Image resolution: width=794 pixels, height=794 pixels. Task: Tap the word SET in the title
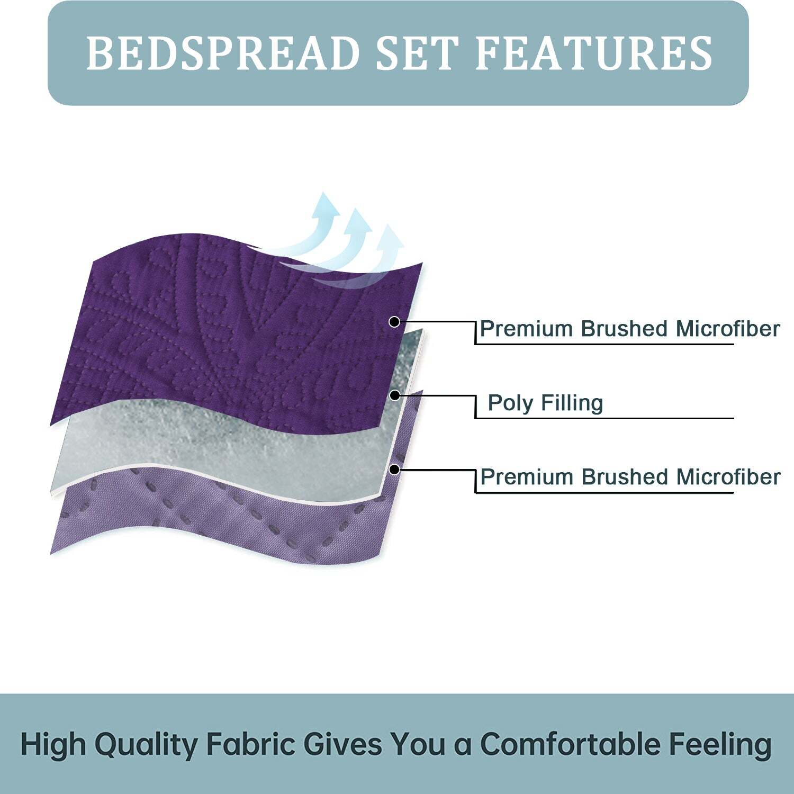[x=416, y=53]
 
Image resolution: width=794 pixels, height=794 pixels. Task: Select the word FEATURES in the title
[x=594, y=53]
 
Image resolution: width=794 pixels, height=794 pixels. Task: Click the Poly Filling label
[x=545, y=403]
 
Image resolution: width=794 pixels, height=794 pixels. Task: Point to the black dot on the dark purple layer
[x=394, y=321]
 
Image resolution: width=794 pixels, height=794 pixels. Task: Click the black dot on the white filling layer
[x=394, y=395]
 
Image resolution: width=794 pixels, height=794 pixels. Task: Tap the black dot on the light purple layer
[x=394, y=469]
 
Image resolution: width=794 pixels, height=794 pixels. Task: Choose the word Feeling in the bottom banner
[x=720, y=745]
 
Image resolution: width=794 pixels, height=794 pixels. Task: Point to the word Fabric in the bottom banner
[x=250, y=745]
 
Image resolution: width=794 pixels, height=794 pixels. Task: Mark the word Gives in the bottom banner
[x=342, y=745]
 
